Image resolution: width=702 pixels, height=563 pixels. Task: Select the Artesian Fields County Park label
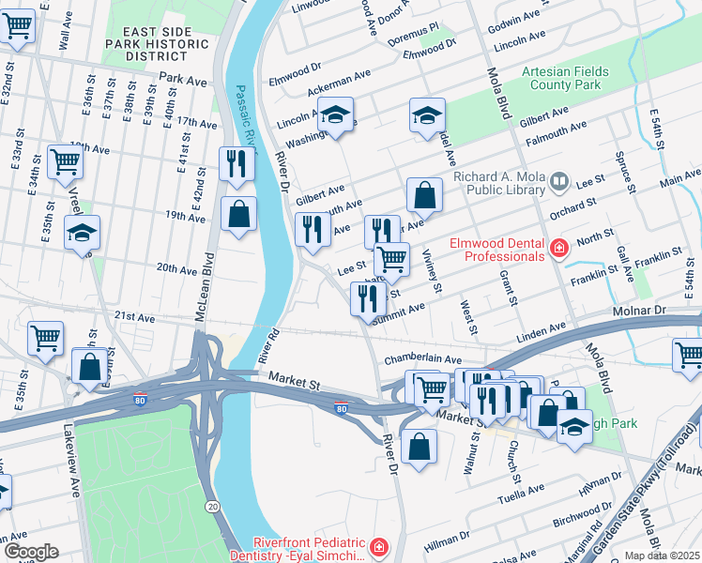[x=565, y=78]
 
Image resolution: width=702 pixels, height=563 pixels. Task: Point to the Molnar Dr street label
[x=666, y=310]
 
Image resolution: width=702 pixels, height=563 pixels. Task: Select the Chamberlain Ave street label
[x=422, y=359]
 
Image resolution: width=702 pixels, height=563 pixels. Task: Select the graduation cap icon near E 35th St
[x=82, y=232]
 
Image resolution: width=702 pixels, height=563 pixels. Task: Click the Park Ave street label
[x=183, y=82]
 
